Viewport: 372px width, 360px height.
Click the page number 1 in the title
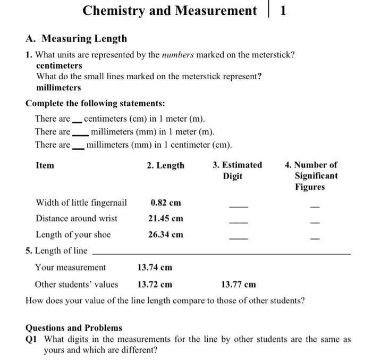point(283,11)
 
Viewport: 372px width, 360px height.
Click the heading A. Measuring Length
point(76,38)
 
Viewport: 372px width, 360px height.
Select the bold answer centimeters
point(59,65)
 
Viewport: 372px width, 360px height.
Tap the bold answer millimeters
point(58,87)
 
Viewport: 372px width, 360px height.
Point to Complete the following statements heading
point(95,103)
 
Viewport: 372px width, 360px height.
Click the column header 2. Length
point(166,165)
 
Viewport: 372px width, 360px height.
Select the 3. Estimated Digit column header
point(237,170)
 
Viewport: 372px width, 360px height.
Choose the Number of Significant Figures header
point(316,175)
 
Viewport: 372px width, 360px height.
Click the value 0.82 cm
point(166,203)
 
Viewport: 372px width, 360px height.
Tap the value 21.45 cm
point(166,218)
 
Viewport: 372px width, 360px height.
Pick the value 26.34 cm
point(166,234)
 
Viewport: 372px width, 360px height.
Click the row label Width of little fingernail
point(81,203)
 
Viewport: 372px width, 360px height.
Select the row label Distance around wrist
point(77,218)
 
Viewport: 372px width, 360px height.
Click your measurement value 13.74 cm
point(155,267)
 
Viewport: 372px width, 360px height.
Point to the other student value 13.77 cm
point(238,284)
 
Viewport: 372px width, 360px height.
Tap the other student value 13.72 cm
point(155,284)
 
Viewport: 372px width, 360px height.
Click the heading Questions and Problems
point(74,328)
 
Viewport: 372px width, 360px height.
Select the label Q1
point(32,339)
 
